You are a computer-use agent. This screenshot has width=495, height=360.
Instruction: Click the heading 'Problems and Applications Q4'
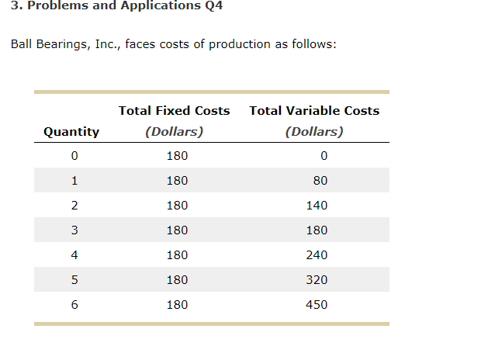tap(112, 6)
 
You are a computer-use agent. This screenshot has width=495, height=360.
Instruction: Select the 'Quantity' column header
tap(71, 131)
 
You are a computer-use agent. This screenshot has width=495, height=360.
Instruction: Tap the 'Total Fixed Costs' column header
tap(174, 111)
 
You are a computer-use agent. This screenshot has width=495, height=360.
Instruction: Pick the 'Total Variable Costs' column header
tap(314, 111)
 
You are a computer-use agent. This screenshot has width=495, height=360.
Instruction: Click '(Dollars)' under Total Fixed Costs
tap(174, 131)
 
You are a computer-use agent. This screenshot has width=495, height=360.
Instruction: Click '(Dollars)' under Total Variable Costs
tap(314, 131)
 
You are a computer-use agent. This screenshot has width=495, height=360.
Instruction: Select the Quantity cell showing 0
tap(74, 156)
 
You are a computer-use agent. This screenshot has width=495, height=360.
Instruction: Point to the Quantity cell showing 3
tap(74, 230)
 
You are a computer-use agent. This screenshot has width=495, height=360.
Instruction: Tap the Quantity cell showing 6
tap(74, 305)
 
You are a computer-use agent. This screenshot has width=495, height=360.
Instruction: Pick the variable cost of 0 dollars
tap(323, 156)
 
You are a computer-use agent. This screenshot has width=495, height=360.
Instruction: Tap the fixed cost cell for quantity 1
tap(177, 181)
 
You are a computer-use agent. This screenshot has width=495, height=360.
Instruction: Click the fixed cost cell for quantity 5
tap(177, 280)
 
